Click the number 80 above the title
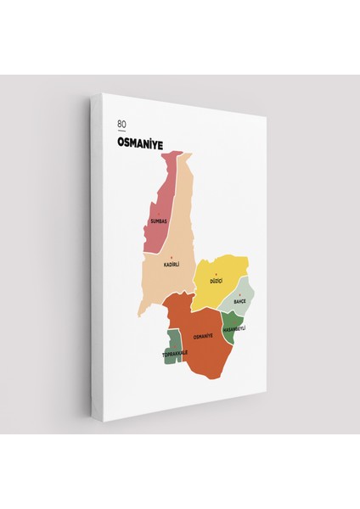[122, 124]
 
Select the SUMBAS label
[158, 221]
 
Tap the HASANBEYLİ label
[233, 328]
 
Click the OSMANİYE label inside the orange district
[202, 337]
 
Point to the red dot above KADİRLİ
[172, 257]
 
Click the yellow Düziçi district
[222, 267]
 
